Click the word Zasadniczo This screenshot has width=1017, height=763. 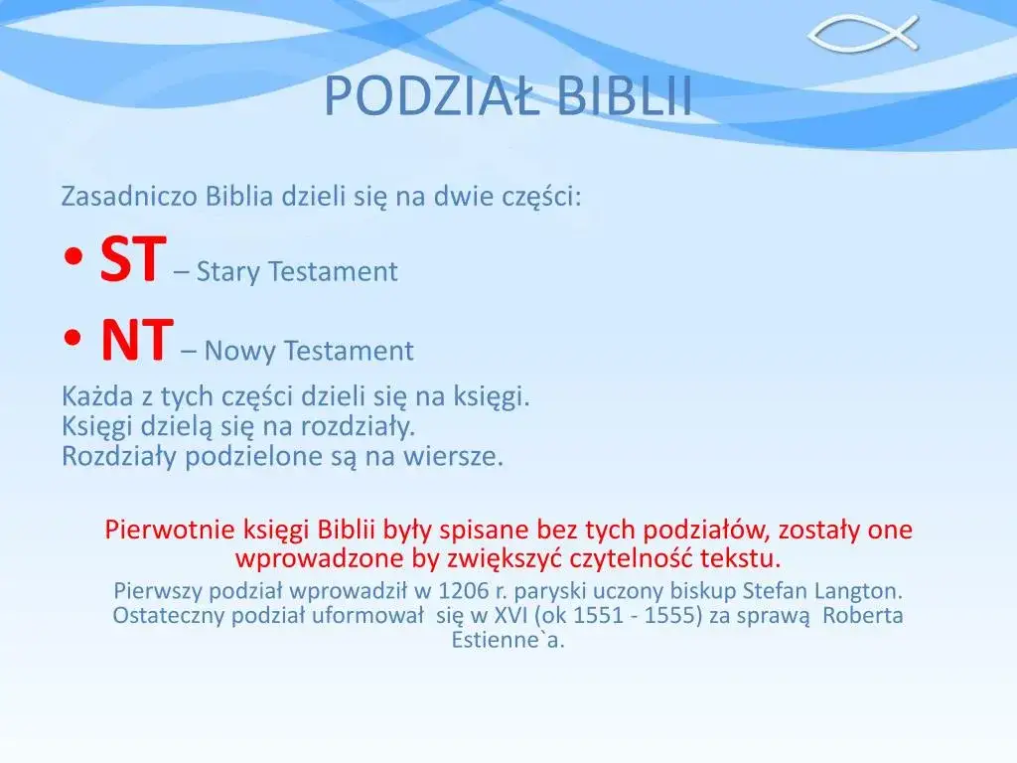click(x=130, y=197)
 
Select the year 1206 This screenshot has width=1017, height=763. click(x=464, y=591)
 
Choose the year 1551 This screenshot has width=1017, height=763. click(x=599, y=615)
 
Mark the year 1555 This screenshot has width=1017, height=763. click(x=670, y=615)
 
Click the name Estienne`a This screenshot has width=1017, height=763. click(x=508, y=639)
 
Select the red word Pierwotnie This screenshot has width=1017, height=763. click(x=167, y=530)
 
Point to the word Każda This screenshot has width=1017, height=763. click(x=95, y=397)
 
